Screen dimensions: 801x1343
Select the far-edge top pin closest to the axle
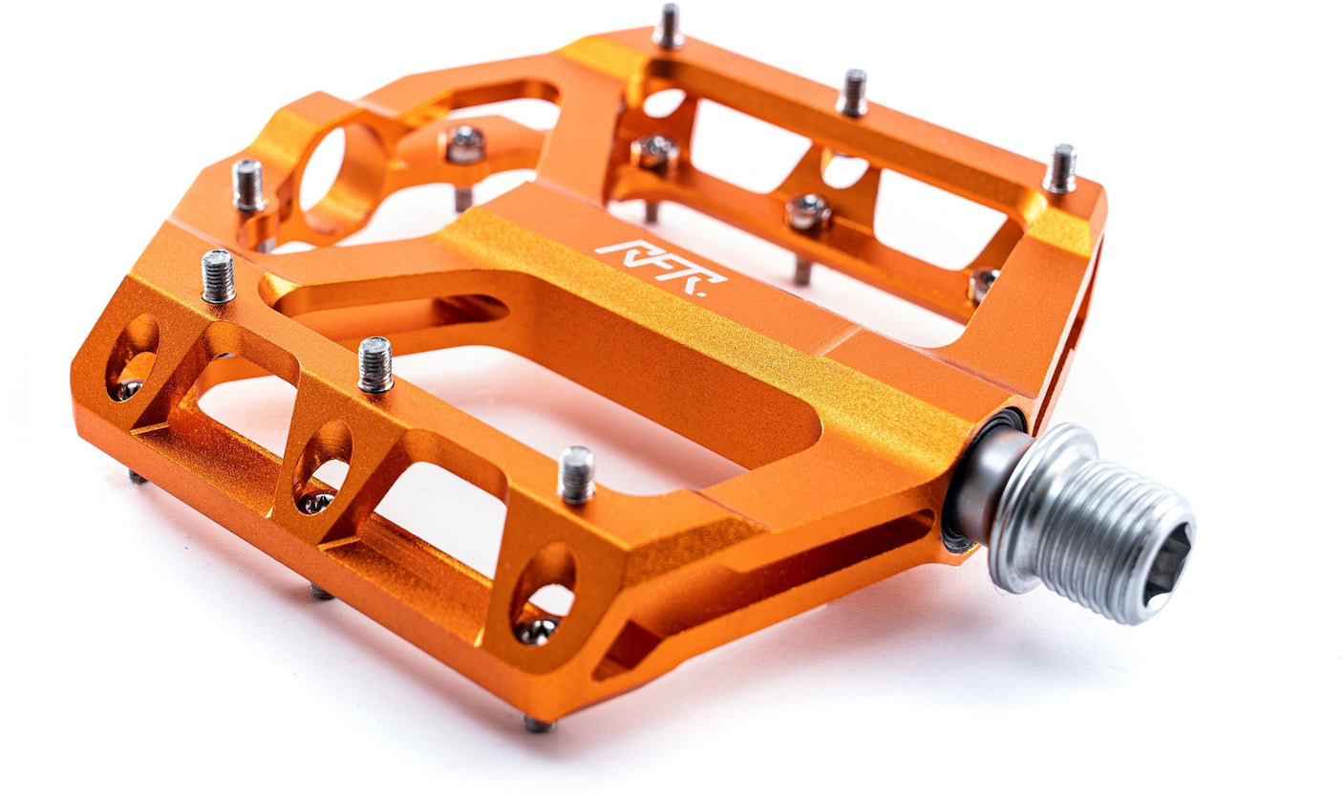pos(1059,169)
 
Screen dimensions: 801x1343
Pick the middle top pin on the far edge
pos(852,94)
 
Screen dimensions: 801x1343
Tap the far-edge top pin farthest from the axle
pos(668,26)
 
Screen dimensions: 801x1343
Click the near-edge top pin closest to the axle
pos(576,474)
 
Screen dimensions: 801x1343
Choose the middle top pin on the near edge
pos(375,364)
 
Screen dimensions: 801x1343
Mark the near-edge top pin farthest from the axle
pos(218,276)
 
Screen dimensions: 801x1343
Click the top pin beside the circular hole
pos(248,184)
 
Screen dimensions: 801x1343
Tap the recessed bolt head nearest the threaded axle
pos(981,283)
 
